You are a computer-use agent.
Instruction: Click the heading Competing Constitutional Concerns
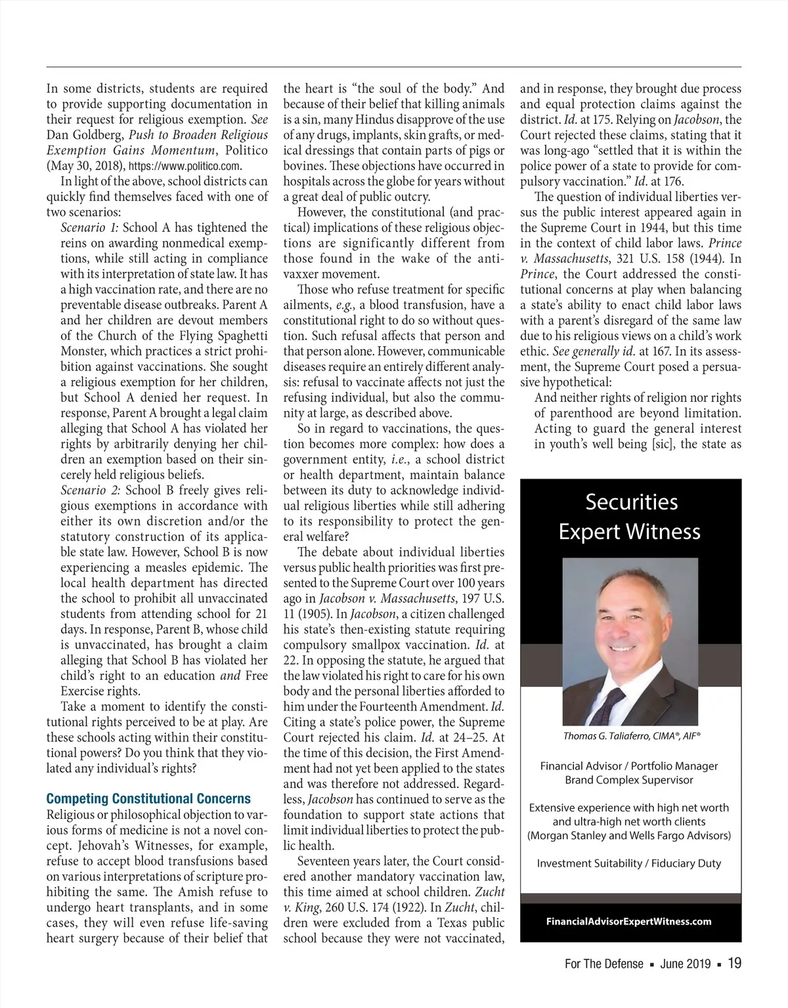pos(148,799)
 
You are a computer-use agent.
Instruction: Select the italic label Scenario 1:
pos(89,228)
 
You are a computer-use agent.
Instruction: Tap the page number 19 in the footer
pos(734,963)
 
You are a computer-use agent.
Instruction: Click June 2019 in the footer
pos(686,964)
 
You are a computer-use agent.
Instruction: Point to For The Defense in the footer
pos(603,964)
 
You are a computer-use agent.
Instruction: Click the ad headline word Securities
pos(631,502)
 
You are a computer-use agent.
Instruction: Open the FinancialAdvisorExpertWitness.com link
pos(629,921)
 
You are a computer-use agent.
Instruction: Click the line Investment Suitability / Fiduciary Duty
pos(629,864)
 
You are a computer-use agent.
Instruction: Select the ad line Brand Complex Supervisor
pos(629,780)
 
